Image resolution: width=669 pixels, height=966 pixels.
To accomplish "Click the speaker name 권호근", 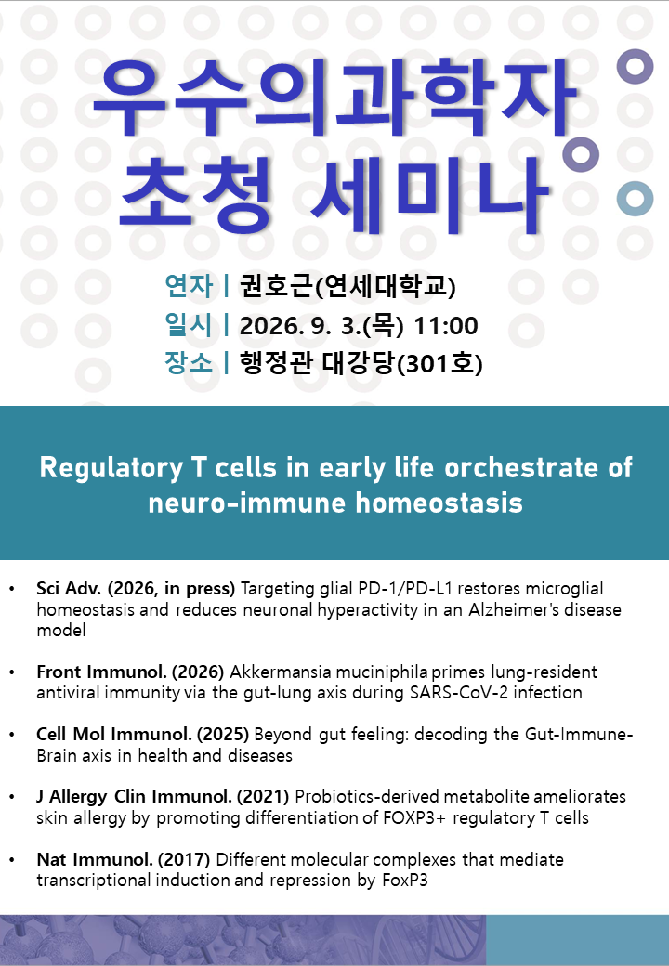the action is [276, 286].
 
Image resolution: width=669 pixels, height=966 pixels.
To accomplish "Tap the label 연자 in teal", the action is [189, 286].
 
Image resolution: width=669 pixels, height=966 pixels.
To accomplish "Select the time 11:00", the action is [445, 326].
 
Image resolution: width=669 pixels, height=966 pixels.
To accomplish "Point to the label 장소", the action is [189, 362].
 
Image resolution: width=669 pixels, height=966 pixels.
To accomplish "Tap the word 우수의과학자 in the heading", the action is [334, 98].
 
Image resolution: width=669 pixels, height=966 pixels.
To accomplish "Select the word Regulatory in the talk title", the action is [111, 468].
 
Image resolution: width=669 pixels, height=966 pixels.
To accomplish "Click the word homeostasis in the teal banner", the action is [439, 503].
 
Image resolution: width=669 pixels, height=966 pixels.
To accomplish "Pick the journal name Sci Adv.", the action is [69, 588].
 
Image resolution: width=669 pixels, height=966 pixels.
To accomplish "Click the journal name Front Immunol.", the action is [101, 672].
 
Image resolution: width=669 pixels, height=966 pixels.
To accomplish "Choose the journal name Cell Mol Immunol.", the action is [114, 734].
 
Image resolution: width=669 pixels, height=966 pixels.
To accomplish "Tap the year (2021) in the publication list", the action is [263, 797].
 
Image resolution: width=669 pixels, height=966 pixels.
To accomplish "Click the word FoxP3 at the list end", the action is [405, 880].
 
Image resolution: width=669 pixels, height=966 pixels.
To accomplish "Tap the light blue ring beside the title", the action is [636, 199].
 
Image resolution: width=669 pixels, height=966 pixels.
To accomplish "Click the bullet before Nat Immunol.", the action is [12, 859].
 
